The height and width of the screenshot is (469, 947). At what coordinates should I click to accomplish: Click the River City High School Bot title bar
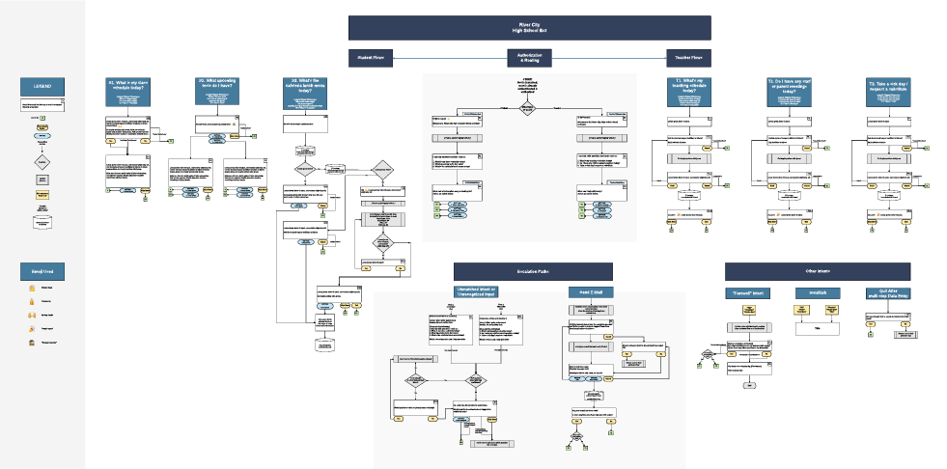point(529,27)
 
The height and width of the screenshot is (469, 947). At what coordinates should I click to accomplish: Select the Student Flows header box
point(372,58)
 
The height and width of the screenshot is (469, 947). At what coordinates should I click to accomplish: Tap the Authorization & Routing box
point(529,58)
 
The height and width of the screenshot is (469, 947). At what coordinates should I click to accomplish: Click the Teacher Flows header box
point(688,58)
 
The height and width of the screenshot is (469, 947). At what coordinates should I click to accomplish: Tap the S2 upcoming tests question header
point(218,88)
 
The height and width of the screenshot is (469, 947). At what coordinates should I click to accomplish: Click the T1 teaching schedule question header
point(686,88)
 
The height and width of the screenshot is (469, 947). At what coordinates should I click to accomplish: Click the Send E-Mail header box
point(590,292)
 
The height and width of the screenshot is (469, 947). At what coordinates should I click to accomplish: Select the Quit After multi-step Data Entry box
point(886,292)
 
